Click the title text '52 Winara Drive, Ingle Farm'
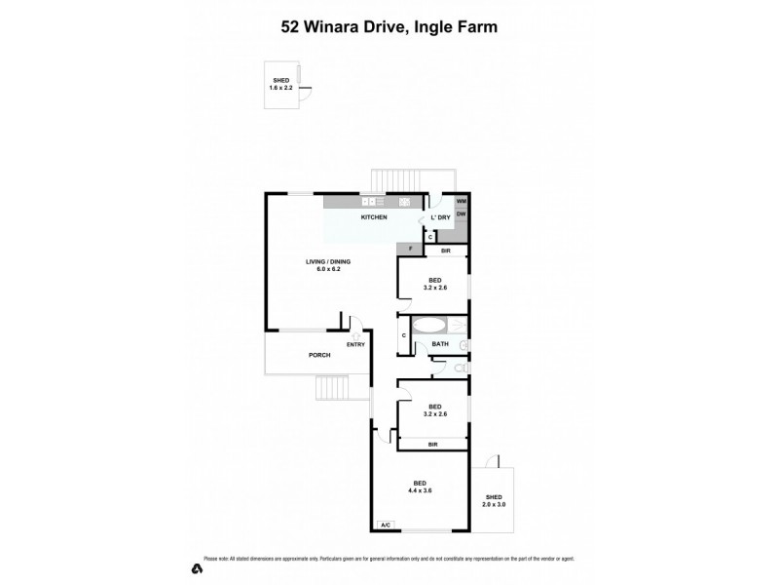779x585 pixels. [389, 27]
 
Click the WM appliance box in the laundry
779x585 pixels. [461, 201]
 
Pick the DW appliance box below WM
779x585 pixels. [461, 214]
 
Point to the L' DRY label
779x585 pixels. [439, 217]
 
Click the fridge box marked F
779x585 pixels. [411, 250]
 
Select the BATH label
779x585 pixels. [439, 344]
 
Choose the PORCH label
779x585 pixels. [320, 355]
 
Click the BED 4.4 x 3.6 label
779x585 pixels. [419, 487]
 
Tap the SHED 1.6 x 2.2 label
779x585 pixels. [280, 85]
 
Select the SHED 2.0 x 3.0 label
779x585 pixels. [495, 501]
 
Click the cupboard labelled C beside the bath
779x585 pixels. [404, 336]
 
